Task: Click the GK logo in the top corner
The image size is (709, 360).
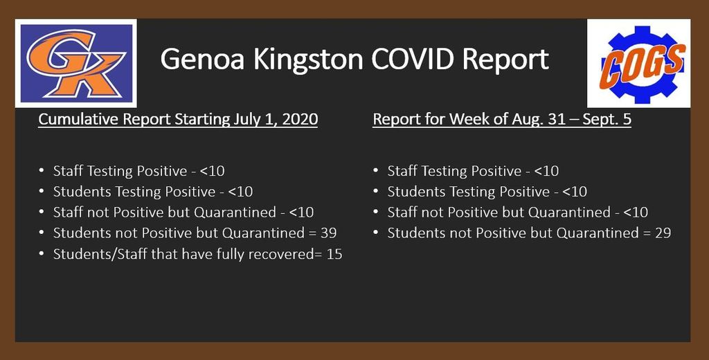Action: [x=76, y=63]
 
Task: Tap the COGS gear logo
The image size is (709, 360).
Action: [x=638, y=63]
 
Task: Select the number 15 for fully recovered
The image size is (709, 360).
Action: [x=334, y=253]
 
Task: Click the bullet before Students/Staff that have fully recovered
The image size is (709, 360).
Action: [x=42, y=254]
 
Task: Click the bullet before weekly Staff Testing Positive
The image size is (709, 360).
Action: [x=376, y=171]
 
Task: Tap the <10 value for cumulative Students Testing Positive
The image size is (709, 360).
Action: [x=240, y=192]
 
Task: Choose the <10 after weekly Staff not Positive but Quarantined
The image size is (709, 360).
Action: [x=636, y=212]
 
